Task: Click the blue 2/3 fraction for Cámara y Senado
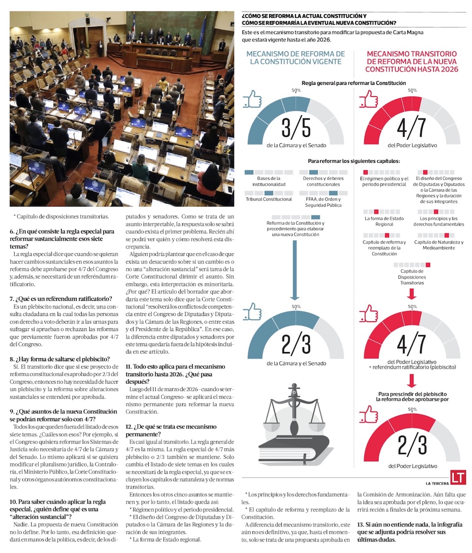(296, 345)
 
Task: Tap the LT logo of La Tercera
(458, 477)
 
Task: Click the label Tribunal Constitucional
(269, 199)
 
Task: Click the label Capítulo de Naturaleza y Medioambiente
(439, 245)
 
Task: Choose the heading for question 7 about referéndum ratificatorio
(61, 298)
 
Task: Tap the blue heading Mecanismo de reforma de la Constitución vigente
(296, 58)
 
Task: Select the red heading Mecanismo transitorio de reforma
(412, 61)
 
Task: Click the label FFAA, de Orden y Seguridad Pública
(321, 202)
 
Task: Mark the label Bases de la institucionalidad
(269, 182)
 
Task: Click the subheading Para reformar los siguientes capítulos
(354, 161)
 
